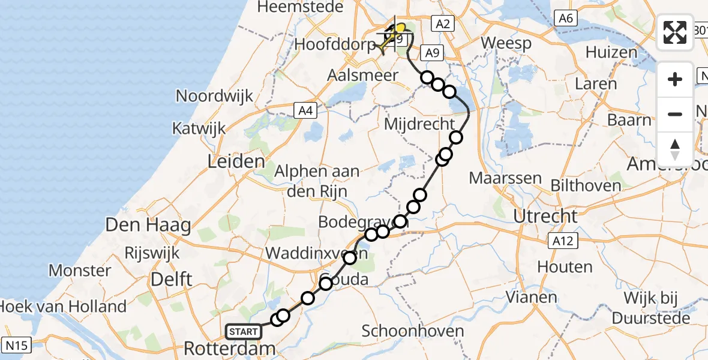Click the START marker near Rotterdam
[244, 331]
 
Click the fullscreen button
[675, 32]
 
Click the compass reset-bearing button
[675, 149]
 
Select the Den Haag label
[148, 226]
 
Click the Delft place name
[171, 278]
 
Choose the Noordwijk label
[214, 96]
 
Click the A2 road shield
[441, 23]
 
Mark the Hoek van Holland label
[63, 306]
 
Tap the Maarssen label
[505, 178]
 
